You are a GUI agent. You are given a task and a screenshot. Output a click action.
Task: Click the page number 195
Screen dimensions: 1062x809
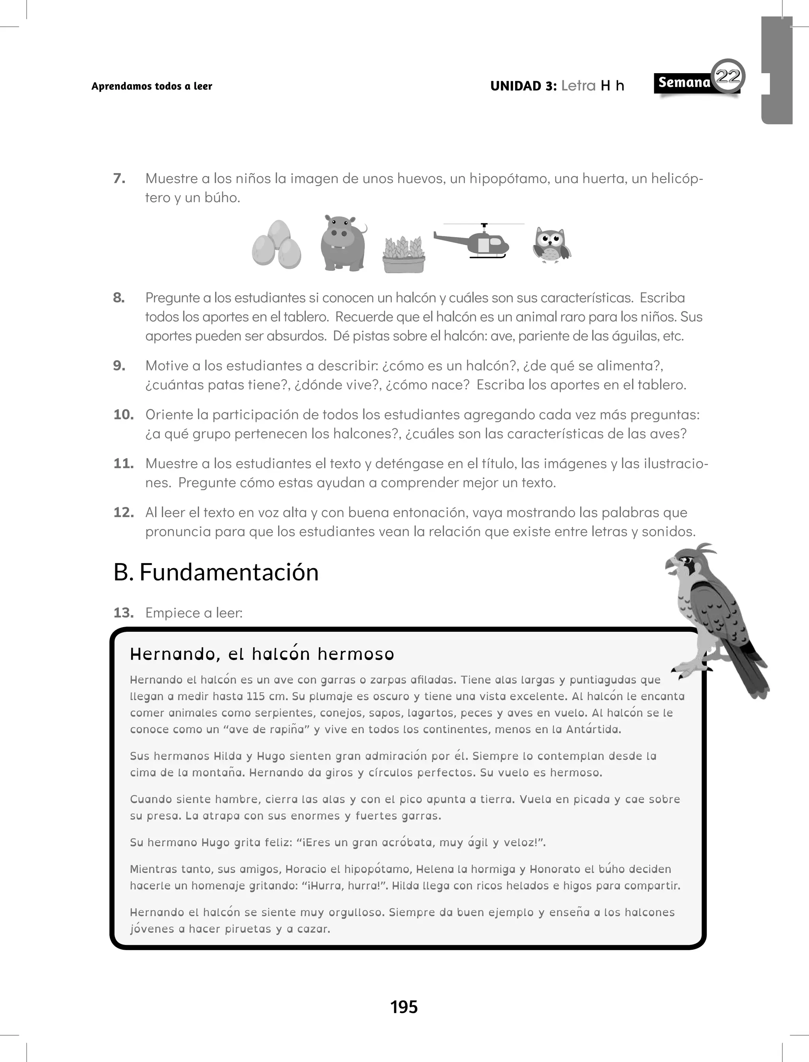(x=404, y=1007)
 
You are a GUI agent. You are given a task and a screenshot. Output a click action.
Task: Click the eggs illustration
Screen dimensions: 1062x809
(x=277, y=245)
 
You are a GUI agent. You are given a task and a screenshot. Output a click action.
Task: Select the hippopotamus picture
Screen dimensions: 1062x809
(x=343, y=243)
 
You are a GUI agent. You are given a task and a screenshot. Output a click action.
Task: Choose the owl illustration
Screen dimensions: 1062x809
(x=552, y=245)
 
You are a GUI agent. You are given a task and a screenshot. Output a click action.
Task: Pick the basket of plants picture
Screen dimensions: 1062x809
(x=404, y=254)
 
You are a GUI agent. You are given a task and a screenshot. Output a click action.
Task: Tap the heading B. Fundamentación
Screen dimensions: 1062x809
(x=216, y=572)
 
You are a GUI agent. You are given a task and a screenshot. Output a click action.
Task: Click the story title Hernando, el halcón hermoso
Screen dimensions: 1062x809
(x=262, y=654)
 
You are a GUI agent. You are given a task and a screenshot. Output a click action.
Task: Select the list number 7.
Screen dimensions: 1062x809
(x=119, y=179)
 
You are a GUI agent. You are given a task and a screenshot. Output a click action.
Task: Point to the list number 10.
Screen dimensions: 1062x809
(x=123, y=415)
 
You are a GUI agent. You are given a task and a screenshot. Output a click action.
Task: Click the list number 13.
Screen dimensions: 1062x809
(x=123, y=613)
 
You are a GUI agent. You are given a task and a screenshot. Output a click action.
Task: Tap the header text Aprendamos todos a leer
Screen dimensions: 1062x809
(x=152, y=86)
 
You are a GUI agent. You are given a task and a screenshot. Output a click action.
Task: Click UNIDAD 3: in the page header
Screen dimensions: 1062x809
(x=523, y=86)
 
